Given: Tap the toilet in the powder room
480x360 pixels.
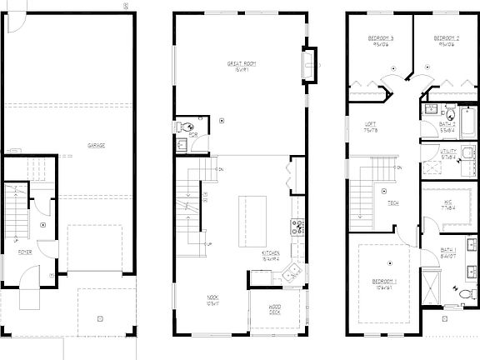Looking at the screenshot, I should [182, 144].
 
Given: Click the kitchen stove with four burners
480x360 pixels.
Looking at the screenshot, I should [296, 226].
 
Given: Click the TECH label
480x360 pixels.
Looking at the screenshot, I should [392, 203].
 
